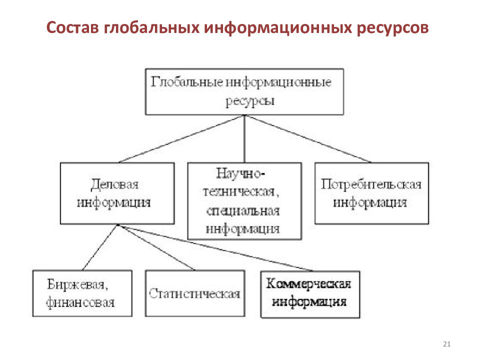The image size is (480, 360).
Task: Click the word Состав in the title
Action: (x=73, y=27)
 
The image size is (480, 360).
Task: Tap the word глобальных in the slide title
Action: (x=151, y=27)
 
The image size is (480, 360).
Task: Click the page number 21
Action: (x=446, y=344)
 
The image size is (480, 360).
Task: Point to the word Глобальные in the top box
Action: (x=186, y=81)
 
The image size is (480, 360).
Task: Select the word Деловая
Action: (x=114, y=184)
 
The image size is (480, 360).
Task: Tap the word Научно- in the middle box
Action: (x=240, y=173)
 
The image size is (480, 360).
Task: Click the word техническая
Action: (x=241, y=192)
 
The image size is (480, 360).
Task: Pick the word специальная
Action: (x=243, y=211)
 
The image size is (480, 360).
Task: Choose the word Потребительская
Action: (x=371, y=184)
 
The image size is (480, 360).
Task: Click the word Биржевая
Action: (x=77, y=284)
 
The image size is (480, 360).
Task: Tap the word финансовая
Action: (x=80, y=302)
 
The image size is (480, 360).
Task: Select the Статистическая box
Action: (x=195, y=293)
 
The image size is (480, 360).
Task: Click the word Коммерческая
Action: (x=308, y=284)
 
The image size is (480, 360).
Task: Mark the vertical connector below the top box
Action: (x=244, y=138)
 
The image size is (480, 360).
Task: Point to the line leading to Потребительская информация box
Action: (x=307, y=138)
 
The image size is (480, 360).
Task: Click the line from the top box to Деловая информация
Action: (x=182, y=138)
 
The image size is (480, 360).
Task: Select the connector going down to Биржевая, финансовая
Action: (x=100, y=247)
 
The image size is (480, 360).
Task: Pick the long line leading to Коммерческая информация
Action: (x=215, y=248)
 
